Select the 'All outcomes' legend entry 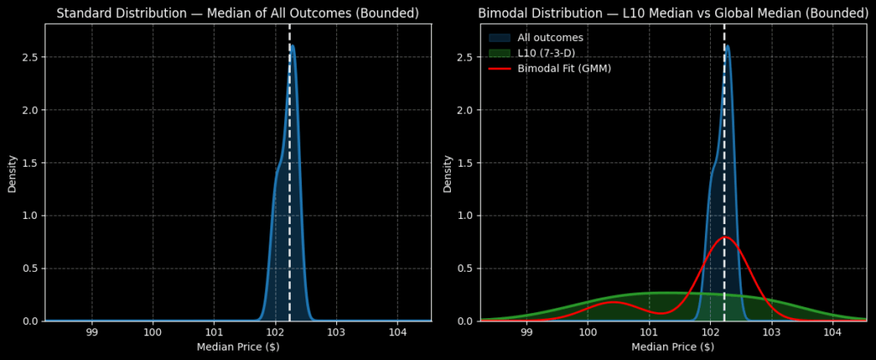(x=547, y=38)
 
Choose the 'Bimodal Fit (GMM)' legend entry (x=564, y=68)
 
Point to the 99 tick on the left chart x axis (x=92, y=332)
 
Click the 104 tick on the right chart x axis (x=832, y=332)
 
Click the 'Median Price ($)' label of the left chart (x=238, y=346)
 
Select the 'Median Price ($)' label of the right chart (x=672, y=346)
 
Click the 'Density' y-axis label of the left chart (x=12, y=174)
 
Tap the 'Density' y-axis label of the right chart (x=447, y=174)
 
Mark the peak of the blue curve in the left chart (x=293, y=45)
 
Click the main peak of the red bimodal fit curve (x=725, y=237)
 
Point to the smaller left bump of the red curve (x=613, y=302)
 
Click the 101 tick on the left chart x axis (x=214, y=332)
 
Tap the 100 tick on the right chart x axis (x=588, y=332)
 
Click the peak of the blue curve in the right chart (x=727, y=45)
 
